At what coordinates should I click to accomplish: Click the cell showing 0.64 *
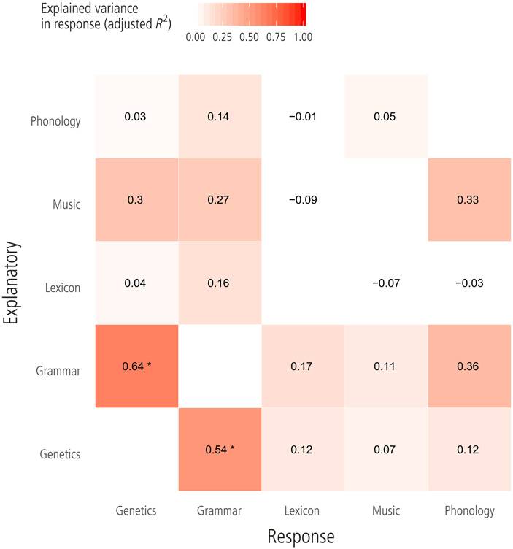point(136,367)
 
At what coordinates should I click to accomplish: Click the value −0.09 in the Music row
point(303,199)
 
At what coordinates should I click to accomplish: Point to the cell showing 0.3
point(136,199)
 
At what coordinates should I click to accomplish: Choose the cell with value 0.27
point(219,199)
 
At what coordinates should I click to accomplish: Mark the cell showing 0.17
point(303,367)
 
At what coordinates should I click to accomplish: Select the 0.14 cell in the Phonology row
point(219,115)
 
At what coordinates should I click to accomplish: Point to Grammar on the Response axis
point(219,511)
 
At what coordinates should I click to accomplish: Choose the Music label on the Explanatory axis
point(66,205)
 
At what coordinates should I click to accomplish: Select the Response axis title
point(300,536)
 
